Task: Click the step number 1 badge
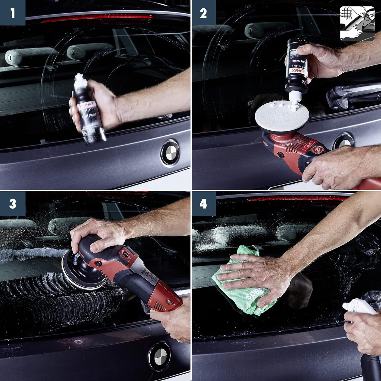[x=12, y=12]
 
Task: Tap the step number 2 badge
[x=203, y=12]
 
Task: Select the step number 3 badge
[x=12, y=204]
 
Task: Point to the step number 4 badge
[x=203, y=204]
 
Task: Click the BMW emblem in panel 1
[x=170, y=153]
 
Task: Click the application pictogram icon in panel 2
[x=357, y=23]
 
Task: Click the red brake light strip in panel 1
[x=97, y=18]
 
